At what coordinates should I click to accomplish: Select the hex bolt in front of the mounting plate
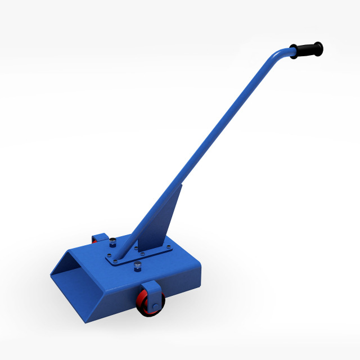[137, 265]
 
